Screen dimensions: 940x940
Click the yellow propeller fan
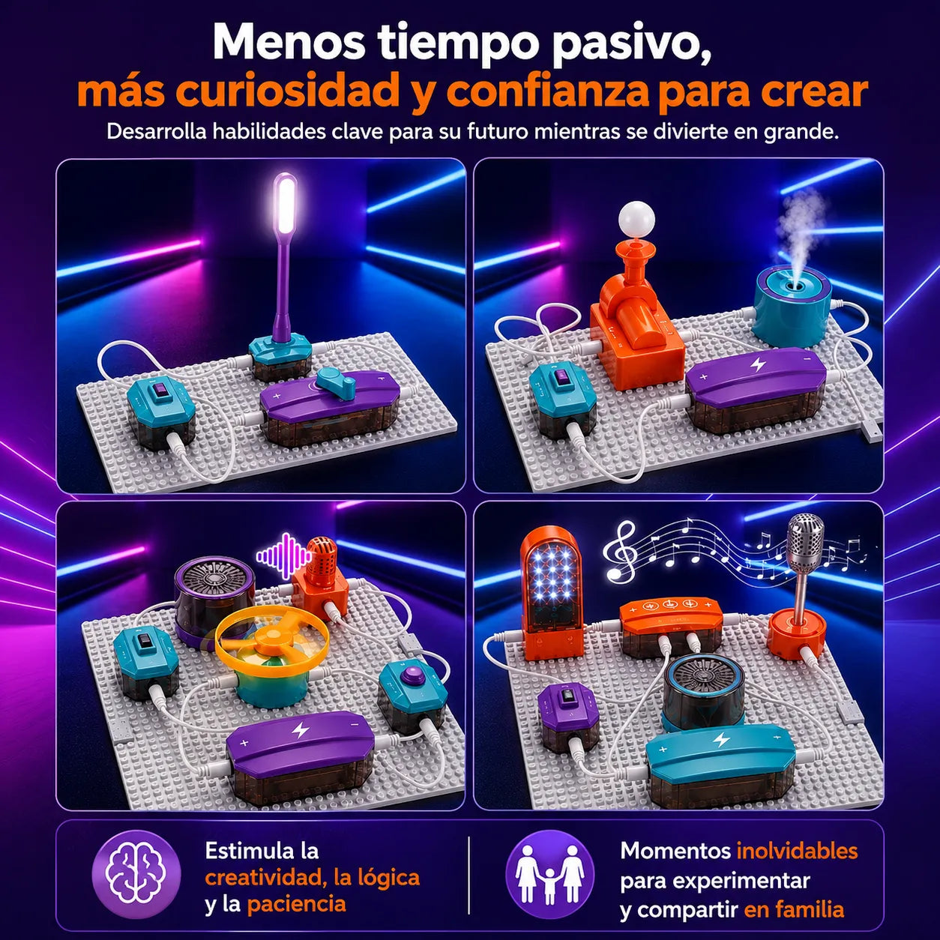click(267, 639)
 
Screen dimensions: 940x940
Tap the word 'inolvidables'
click(797, 851)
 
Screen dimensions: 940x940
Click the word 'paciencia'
click(297, 904)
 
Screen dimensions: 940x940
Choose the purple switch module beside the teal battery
click(567, 711)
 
